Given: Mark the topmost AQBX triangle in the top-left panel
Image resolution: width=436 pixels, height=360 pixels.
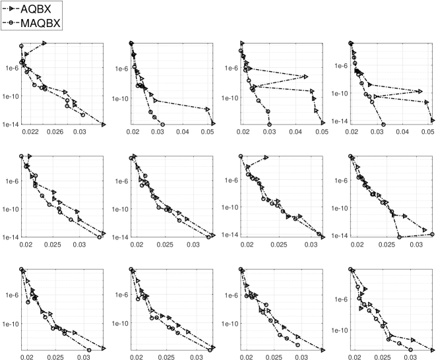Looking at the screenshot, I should point(44,43).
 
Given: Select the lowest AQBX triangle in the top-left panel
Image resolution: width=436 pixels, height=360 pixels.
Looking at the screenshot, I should point(104,123).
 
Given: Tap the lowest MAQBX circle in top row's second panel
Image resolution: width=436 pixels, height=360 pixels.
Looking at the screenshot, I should point(162,124).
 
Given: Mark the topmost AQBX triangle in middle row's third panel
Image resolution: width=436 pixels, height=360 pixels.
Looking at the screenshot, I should point(266,157).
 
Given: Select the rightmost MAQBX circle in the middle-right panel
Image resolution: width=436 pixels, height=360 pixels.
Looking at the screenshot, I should point(432,234).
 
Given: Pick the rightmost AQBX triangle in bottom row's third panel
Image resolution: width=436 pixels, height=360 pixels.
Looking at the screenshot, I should point(323,349).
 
